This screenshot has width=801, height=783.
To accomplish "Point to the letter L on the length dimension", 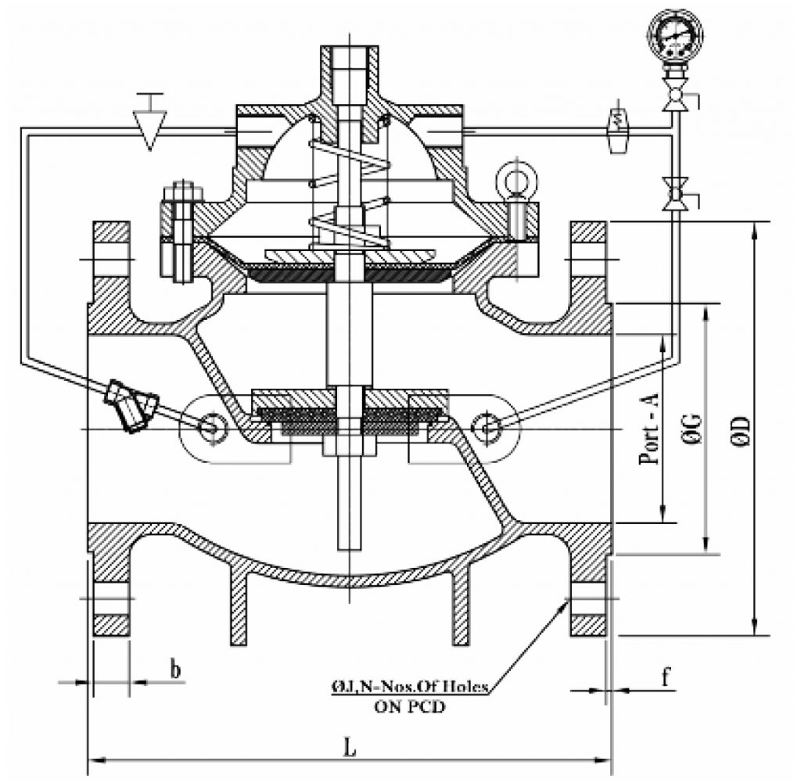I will point(350,747).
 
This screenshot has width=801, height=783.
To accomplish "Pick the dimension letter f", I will point(665,677).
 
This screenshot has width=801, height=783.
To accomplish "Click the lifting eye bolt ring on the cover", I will point(515,181).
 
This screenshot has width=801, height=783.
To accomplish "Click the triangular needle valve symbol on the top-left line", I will point(150,128).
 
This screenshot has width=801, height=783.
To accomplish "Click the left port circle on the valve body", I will point(210,426).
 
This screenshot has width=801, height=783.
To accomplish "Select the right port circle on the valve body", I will point(488,426).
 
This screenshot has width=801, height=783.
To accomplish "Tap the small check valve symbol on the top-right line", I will point(619,128).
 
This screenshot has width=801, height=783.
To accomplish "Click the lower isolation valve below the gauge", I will point(674,193).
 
